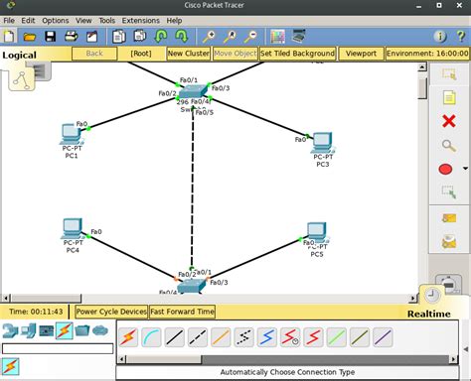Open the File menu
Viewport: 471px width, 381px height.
coord(9,20)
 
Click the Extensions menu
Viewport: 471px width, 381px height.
coord(140,20)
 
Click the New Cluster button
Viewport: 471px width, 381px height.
coord(189,54)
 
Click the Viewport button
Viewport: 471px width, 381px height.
coord(362,54)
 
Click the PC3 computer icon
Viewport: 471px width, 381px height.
coord(322,142)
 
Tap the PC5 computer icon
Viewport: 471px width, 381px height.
coord(316,234)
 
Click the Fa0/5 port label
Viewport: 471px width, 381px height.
coord(205,112)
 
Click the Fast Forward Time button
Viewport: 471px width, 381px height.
coord(182,311)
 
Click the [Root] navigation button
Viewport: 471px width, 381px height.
coord(141,54)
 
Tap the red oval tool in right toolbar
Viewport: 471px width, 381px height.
coord(446,169)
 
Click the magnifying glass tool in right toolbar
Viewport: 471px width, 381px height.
coord(447,145)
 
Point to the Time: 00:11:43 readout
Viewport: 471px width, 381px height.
coord(36,311)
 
